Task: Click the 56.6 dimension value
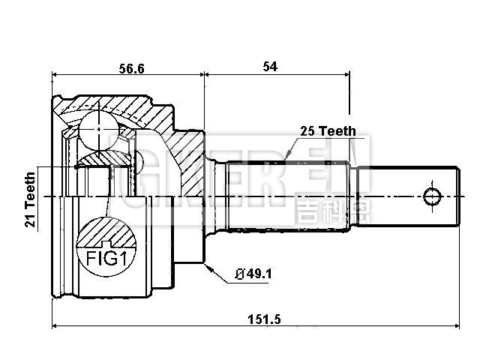pyautogui.click(x=130, y=67)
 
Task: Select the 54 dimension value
pyautogui.click(x=270, y=67)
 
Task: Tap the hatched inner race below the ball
pyautogui.click(x=97, y=157)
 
